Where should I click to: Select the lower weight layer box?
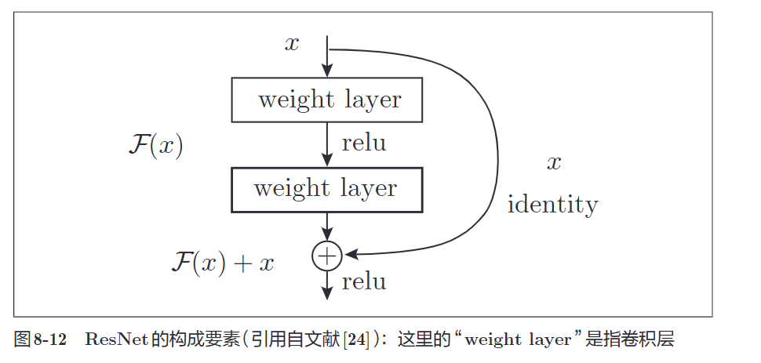[327, 189]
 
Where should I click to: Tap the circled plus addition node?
[326, 256]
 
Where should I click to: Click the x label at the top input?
[292, 44]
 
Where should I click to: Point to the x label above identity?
[554, 163]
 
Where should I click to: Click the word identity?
[552, 205]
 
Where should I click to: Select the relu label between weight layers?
[364, 143]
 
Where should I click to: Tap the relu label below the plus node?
[364, 281]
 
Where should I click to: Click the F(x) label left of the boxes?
[155, 146]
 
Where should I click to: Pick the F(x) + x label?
[223, 262]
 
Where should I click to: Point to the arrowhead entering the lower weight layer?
[327, 160]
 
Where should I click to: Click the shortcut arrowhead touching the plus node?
[351, 253]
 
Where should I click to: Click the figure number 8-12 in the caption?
[51, 339]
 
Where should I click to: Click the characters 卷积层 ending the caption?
[654, 339]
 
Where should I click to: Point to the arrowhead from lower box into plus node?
[327, 236]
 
